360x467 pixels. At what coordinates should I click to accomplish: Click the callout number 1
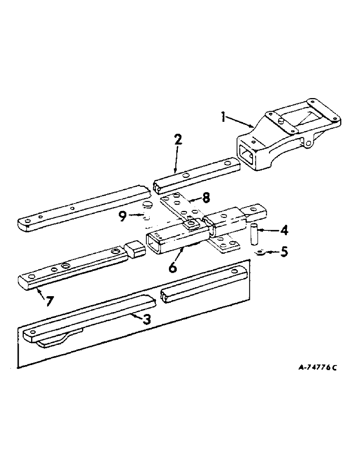tap(224, 117)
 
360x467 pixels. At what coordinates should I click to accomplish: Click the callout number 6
tap(172, 267)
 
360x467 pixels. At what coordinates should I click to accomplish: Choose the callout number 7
tap(50, 301)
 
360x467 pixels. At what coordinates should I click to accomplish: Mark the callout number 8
tap(205, 198)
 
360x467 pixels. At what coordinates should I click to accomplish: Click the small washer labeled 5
tap(261, 253)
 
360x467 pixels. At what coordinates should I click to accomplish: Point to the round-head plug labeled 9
tap(147, 205)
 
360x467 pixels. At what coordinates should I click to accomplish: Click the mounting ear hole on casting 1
tap(309, 143)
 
